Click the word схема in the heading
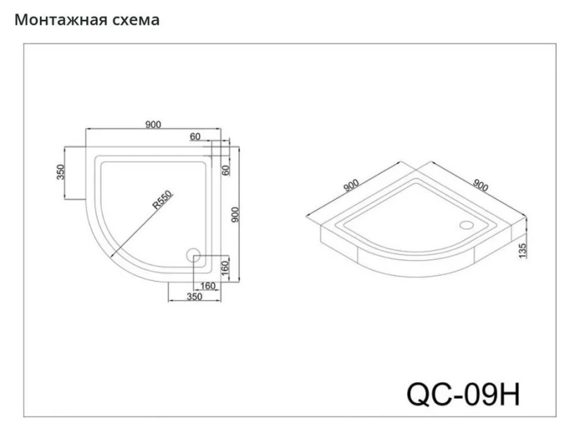[135, 20]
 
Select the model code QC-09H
[462, 393]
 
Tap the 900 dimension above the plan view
[153, 124]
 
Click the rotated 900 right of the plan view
[235, 214]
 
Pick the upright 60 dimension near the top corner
[195, 137]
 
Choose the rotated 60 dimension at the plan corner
[226, 170]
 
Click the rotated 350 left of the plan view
[61, 172]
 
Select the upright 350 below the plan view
[194, 297]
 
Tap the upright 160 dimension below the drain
[207, 285]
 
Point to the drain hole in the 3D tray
[467, 225]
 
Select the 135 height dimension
[522, 251]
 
